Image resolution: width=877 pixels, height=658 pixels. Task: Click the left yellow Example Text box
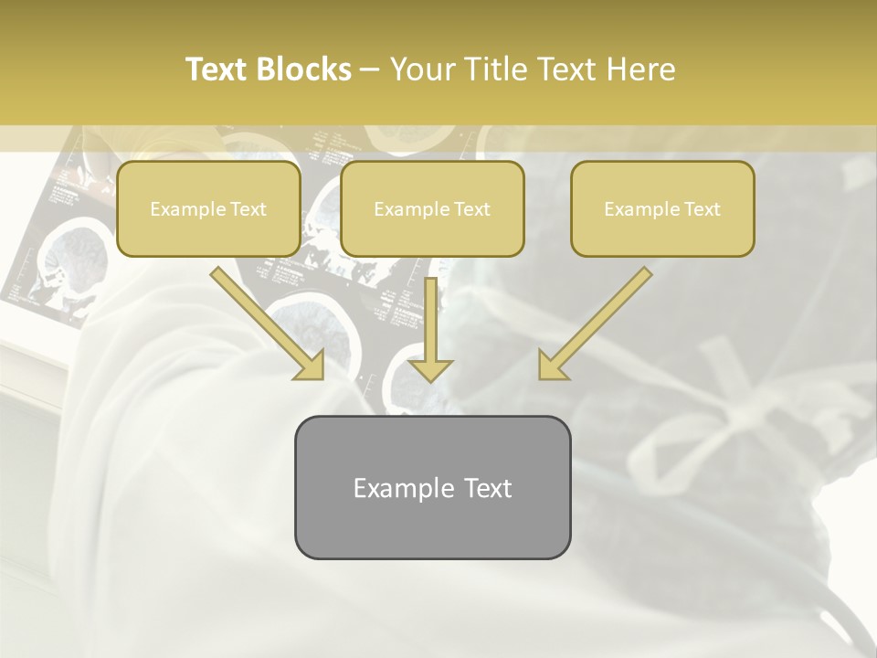(x=208, y=208)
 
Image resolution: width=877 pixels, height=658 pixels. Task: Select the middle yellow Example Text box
(x=432, y=208)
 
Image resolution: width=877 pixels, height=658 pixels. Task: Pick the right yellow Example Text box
(x=662, y=208)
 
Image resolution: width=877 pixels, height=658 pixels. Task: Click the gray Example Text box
(x=432, y=487)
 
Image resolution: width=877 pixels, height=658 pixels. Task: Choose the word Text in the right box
(x=702, y=208)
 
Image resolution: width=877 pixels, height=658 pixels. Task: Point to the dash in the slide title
(x=370, y=69)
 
